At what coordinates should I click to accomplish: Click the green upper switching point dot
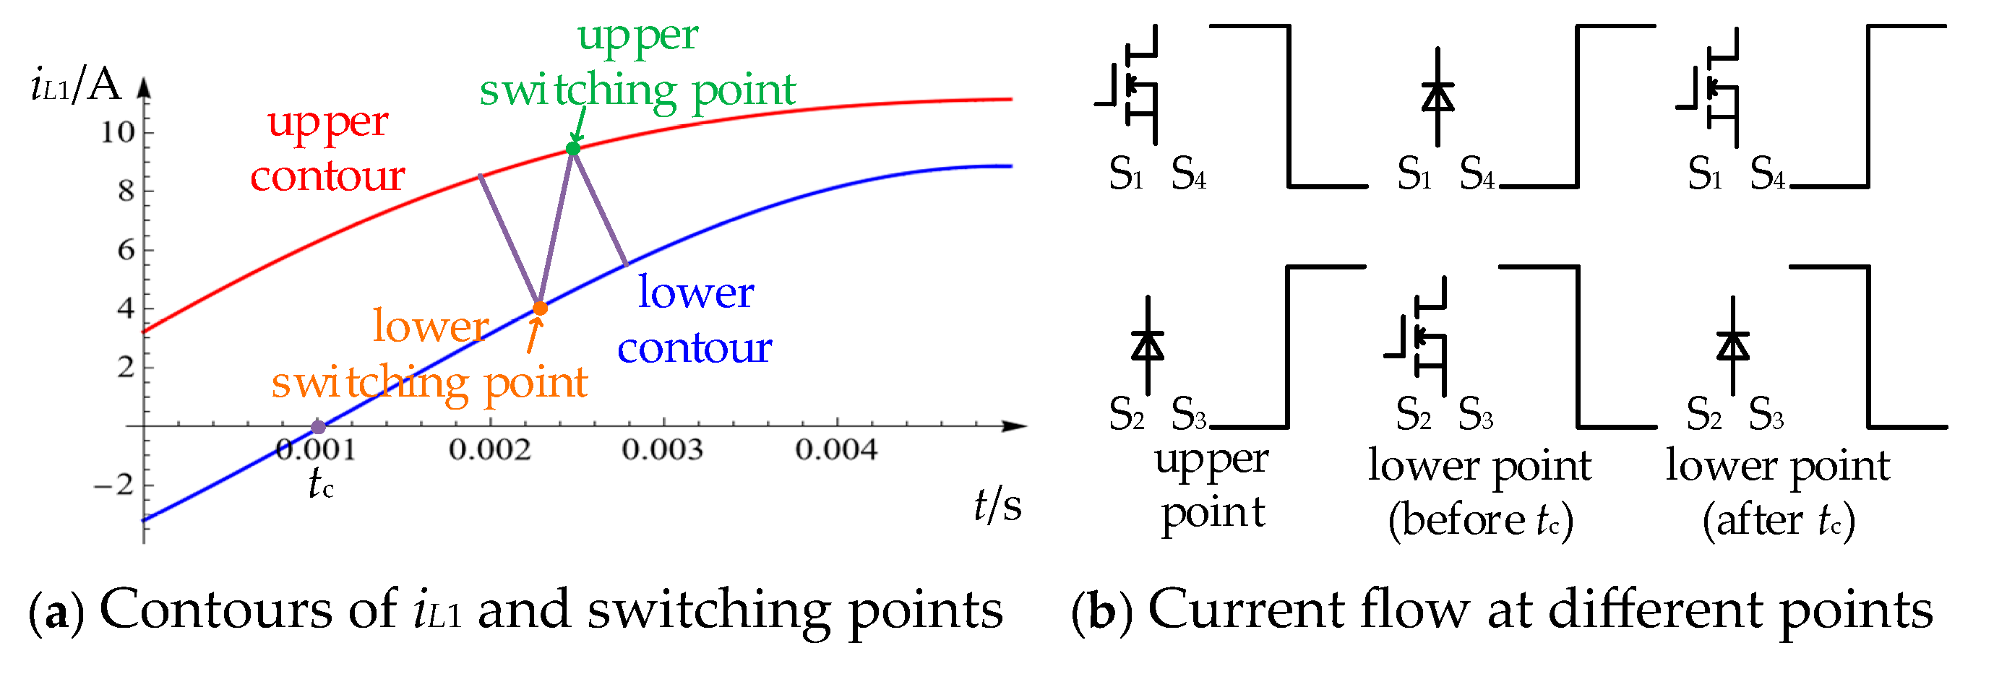(573, 149)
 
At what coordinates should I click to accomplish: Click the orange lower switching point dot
(540, 308)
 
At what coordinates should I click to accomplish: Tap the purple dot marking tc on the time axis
(318, 427)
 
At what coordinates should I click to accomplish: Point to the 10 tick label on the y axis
(118, 132)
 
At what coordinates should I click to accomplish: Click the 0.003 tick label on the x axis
(662, 449)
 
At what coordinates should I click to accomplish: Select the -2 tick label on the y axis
(114, 486)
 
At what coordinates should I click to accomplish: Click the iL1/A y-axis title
(76, 86)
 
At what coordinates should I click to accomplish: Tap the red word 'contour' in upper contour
(327, 176)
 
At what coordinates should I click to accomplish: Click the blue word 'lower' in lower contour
(696, 293)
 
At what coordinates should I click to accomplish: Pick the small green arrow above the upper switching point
(579, 125)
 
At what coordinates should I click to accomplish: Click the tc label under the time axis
(320, 484)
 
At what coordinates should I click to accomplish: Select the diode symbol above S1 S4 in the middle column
(1437, 98)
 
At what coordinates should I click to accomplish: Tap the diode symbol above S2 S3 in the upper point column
(1148, 345)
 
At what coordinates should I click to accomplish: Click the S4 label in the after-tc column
(1766, 174)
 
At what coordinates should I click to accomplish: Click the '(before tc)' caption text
(1480, 519)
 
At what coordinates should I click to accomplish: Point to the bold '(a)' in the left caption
(56, 612)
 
